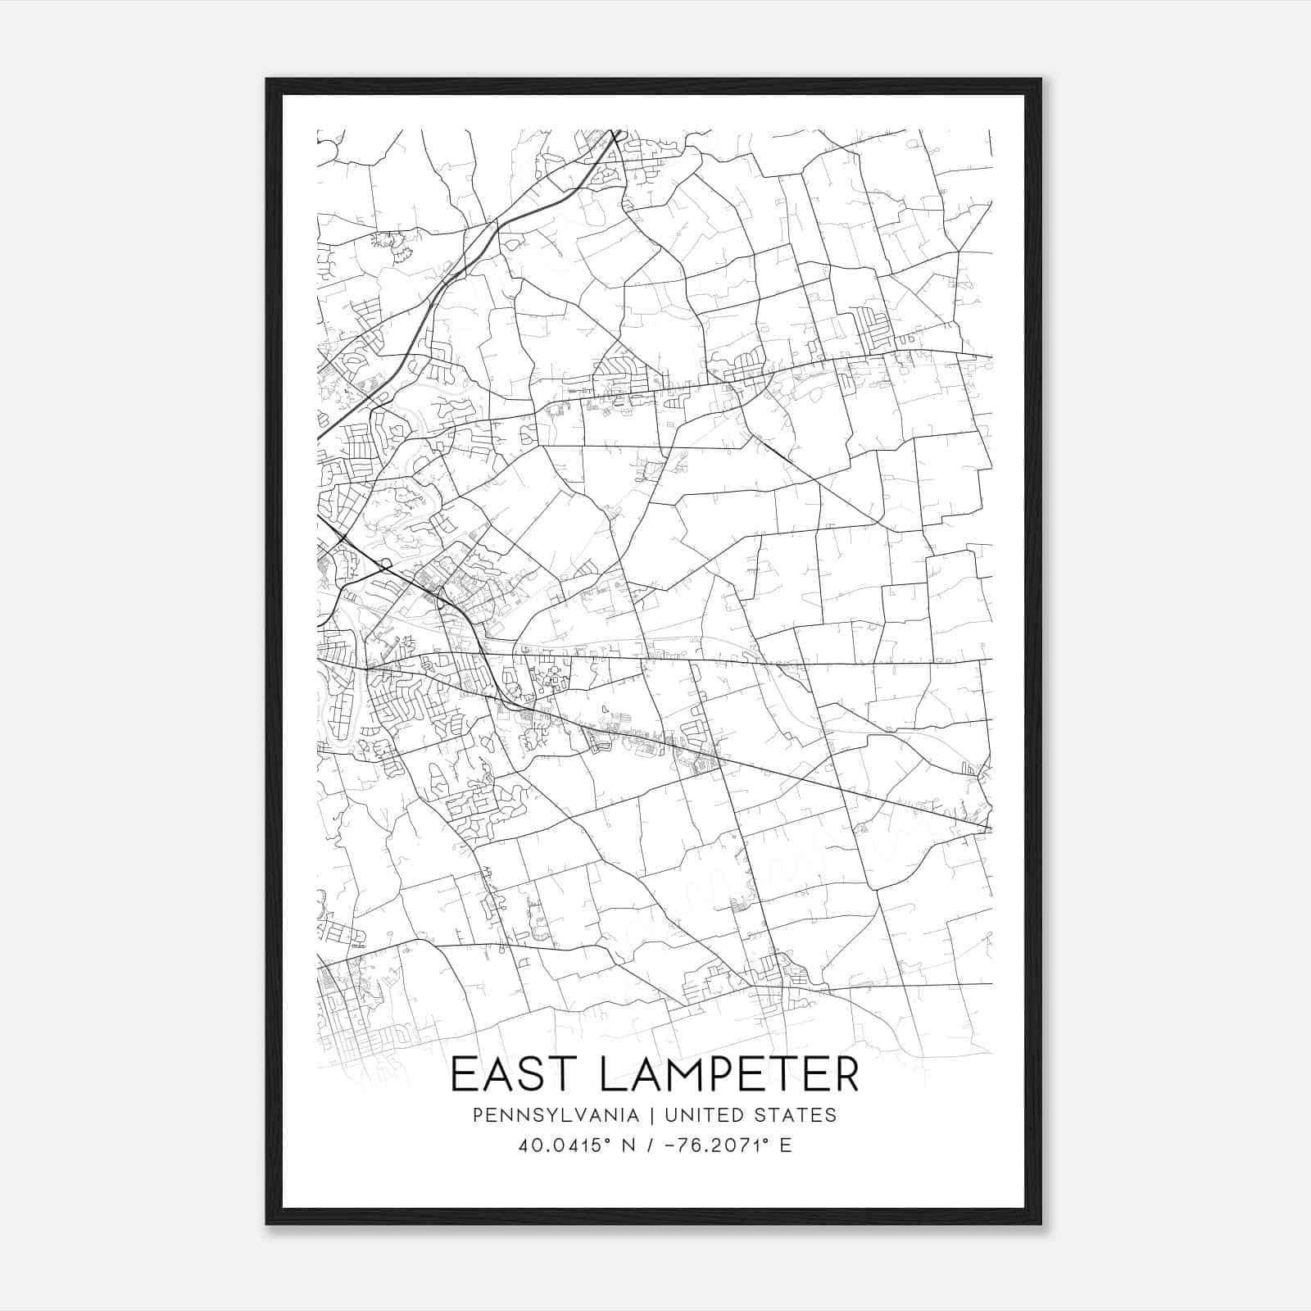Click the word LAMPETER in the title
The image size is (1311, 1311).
click(729, 1075)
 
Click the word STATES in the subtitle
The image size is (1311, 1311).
click(796, 1115)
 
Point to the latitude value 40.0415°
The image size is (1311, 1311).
click(565, 1145)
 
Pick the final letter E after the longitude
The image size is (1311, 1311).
click(786, 1145)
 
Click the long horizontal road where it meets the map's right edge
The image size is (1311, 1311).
click(989, 659)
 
